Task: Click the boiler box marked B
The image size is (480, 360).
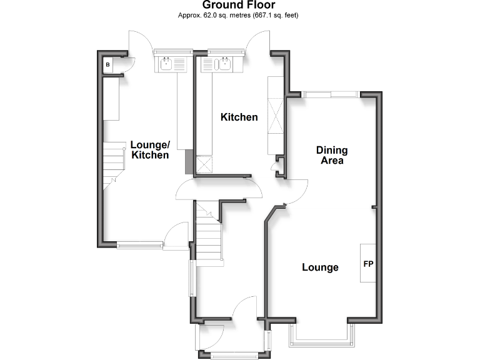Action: (108, 64)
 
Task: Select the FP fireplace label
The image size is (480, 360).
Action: (368, 264)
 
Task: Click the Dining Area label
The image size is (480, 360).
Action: (331, 155)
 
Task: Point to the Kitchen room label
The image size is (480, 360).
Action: (239, 117)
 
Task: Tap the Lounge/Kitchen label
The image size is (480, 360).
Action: (149, 150)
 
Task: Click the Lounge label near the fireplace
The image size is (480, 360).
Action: (320, 267)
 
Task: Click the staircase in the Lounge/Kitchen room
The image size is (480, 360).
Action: (115, 161)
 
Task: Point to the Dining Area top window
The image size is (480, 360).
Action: (331, 94)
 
